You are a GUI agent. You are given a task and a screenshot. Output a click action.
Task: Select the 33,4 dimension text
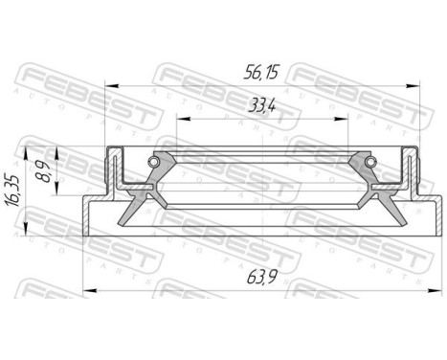[258, 104]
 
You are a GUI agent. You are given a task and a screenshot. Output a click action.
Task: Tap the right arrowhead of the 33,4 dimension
[345, 121]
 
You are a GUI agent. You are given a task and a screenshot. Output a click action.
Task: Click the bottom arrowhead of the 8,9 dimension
[58, 194]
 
